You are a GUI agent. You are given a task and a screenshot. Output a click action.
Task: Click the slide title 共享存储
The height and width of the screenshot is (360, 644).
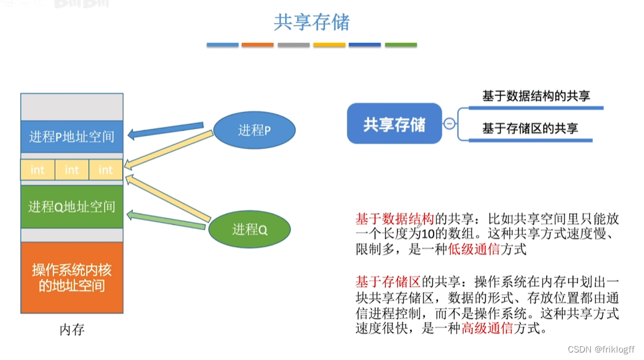point(312,22)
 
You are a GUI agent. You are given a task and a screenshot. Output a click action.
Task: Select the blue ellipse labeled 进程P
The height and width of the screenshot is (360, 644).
point(254,130)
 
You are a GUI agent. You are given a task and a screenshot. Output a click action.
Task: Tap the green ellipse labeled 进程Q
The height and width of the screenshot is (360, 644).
point(250,230)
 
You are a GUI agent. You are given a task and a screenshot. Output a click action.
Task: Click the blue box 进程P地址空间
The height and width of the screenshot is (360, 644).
point(72,136)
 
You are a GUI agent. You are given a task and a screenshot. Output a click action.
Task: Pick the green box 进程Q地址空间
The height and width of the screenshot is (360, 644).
point(72,207)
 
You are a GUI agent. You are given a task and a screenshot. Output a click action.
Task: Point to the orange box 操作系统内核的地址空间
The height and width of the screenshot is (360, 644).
point(72,278)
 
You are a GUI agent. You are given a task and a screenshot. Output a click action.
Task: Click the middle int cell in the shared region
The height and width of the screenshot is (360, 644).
point(72,170)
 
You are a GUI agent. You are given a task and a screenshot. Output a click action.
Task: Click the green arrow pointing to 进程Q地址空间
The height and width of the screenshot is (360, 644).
point(165,218)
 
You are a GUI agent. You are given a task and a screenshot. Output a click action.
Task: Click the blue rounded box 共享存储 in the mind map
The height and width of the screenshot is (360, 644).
point(394,124)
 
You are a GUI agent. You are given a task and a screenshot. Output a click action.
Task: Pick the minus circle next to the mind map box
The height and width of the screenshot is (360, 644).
point(449,124)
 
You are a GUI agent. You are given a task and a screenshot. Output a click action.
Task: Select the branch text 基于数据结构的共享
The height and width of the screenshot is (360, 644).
point(535,97)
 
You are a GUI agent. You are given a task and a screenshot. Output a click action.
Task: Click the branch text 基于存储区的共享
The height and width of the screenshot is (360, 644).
point(530,129)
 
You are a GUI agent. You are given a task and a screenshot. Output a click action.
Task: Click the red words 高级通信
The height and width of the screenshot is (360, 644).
point(486,328)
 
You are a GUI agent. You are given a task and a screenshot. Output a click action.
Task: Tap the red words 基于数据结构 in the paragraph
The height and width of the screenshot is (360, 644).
point(394,219)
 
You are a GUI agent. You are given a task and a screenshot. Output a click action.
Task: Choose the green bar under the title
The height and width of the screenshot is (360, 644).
point(401,45)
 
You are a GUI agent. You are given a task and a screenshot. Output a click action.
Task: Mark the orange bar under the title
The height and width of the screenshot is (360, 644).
point(258,45)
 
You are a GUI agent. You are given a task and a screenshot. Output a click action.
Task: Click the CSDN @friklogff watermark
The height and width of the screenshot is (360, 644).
point(604,350)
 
